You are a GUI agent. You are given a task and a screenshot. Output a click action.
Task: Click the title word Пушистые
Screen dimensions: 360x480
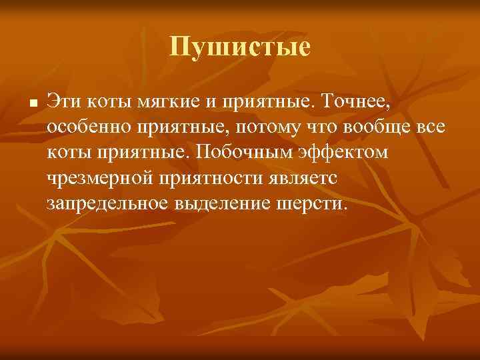240,47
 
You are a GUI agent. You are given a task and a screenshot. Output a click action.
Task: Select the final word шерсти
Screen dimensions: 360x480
312,203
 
